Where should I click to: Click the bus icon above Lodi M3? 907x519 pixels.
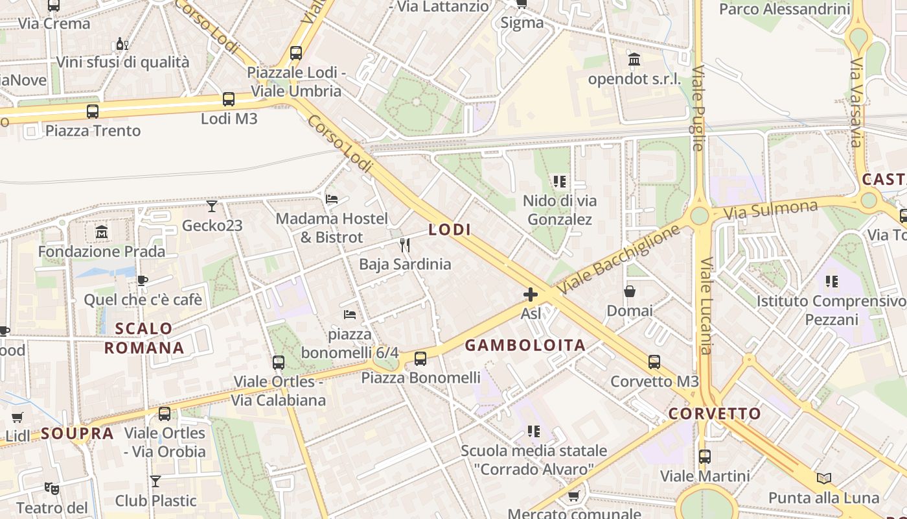(x=229, y=99)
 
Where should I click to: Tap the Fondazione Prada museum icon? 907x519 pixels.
(x=102, y=232)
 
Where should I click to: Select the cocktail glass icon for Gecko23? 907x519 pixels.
(x=212, y=206)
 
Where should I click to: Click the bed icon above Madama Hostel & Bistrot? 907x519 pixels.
(x=332, y=199)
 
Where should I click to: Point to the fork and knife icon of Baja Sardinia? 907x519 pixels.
(x=405, y=245)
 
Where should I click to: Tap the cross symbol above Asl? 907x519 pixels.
(x=531, y=295)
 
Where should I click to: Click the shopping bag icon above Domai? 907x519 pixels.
(x=630, y=291)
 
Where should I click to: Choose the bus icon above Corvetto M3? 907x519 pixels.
(x=654, y=362)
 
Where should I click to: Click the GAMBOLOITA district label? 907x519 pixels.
(x=525, y=345)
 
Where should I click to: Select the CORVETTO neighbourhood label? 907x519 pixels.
(x=715, y=413)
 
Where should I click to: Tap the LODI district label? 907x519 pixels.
(x=450, y=230)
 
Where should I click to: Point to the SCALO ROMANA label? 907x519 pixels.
(x=144, y=338)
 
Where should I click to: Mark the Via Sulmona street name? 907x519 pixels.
(x=770, y=209)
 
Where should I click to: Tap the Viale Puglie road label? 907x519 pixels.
(x=698, y=108)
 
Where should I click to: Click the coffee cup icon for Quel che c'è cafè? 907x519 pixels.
(x=142, y=280)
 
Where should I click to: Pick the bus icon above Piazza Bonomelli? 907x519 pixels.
(x=420, y=358)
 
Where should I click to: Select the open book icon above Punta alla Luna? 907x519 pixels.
(x=824, y=478)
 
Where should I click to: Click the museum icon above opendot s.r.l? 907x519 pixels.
(x=634, y=60)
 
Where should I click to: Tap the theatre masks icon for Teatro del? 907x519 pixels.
(x=52, y=488)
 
